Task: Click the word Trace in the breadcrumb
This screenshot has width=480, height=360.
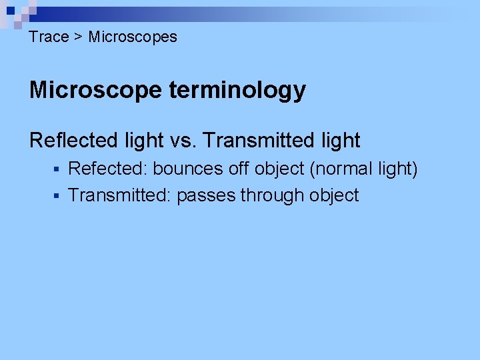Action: point(49,37)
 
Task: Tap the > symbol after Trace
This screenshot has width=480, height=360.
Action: point(78,37)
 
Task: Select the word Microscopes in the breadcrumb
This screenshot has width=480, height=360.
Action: point(133,37)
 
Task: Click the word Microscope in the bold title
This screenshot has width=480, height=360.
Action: point(95,90)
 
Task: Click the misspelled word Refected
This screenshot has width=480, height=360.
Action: point(108,169)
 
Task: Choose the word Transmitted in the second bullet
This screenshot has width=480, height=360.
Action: point(120,196)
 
